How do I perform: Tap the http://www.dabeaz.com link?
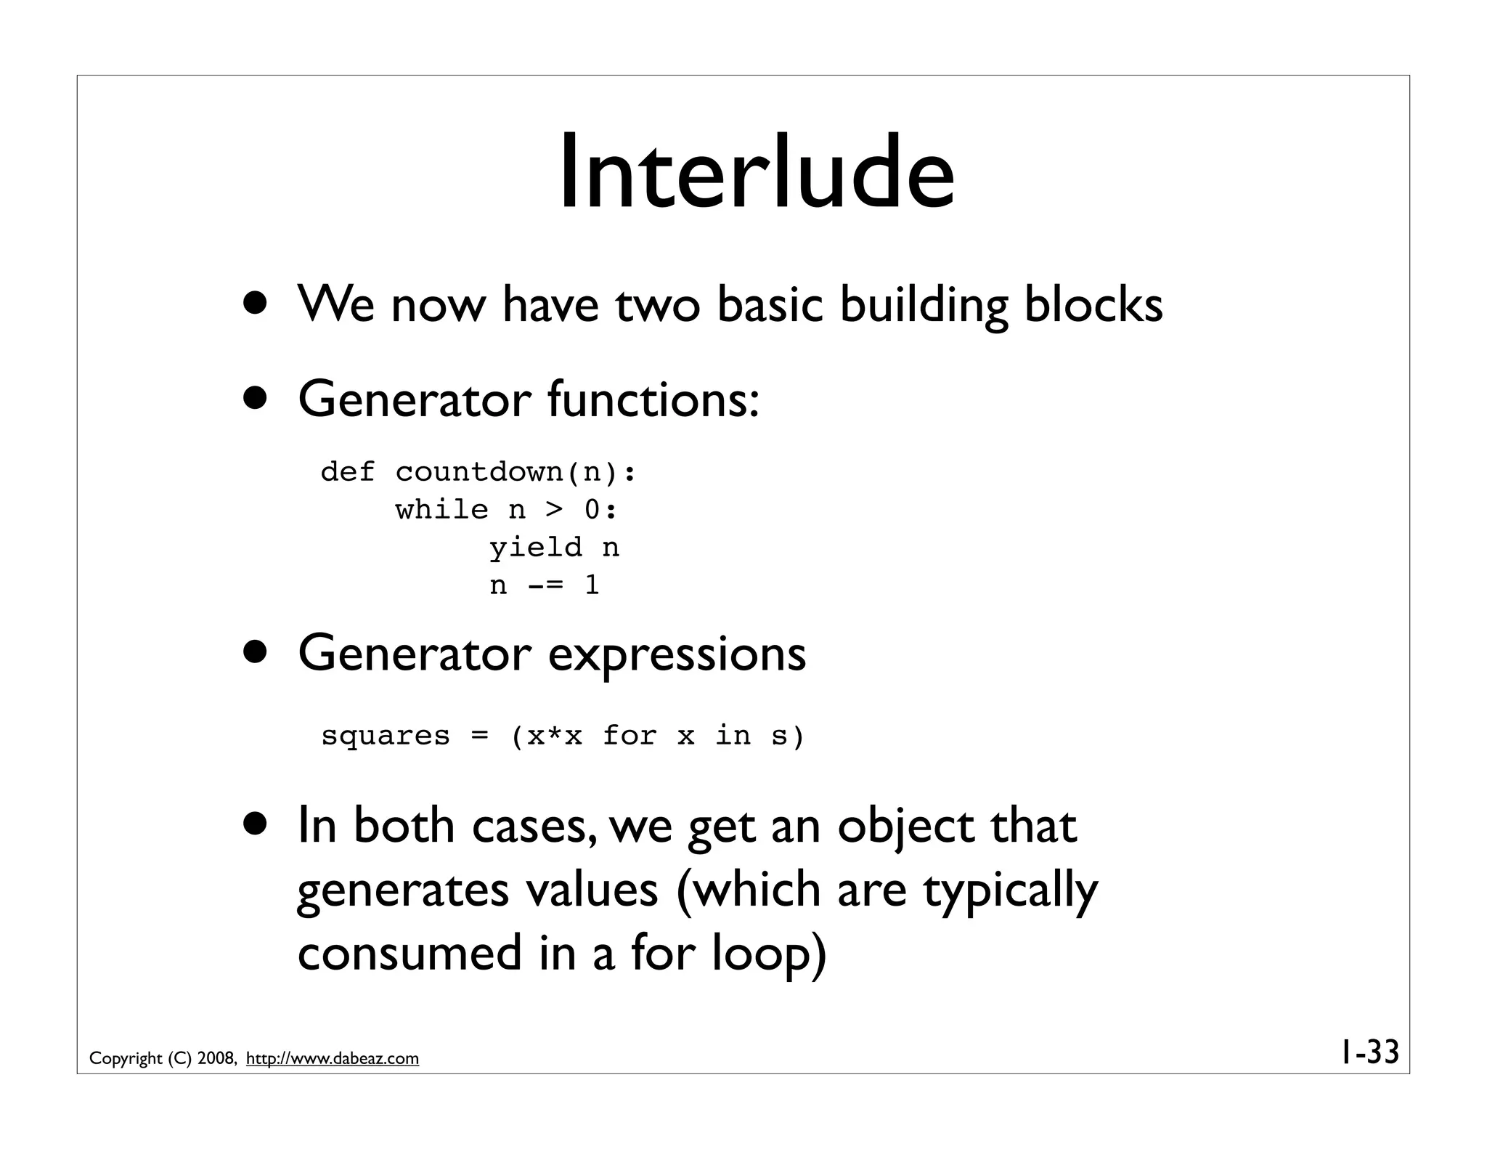[333, 1059]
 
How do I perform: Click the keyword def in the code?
[348, 472]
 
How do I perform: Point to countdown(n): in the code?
[516, 473]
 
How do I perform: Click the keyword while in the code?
[441, 510]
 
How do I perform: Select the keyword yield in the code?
[535, 548]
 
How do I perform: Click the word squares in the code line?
[386, 736]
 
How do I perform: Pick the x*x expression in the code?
[555, 736]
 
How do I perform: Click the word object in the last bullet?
[905, 827]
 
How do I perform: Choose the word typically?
[1010, 891]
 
